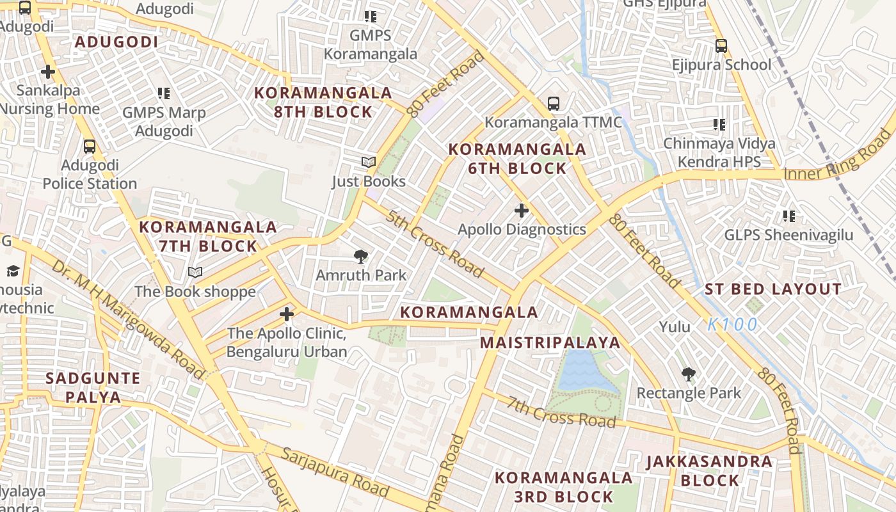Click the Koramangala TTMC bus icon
coord(554,103)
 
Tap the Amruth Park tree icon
coord(361,257)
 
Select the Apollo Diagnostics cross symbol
coord(522,210)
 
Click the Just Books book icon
coord(368,163)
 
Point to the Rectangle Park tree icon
coord(689,374)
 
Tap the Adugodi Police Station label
coord(90,174)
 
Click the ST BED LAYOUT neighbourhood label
coord(772,289)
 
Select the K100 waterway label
coord(732,324)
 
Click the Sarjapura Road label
coord(335,472)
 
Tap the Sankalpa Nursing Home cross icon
coord(47,72)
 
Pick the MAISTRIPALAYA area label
coord(550,342)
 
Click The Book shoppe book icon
coord(195,273)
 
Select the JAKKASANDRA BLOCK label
coord(709,470)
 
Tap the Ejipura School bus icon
coord(721,46)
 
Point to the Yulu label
coord(675,327)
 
